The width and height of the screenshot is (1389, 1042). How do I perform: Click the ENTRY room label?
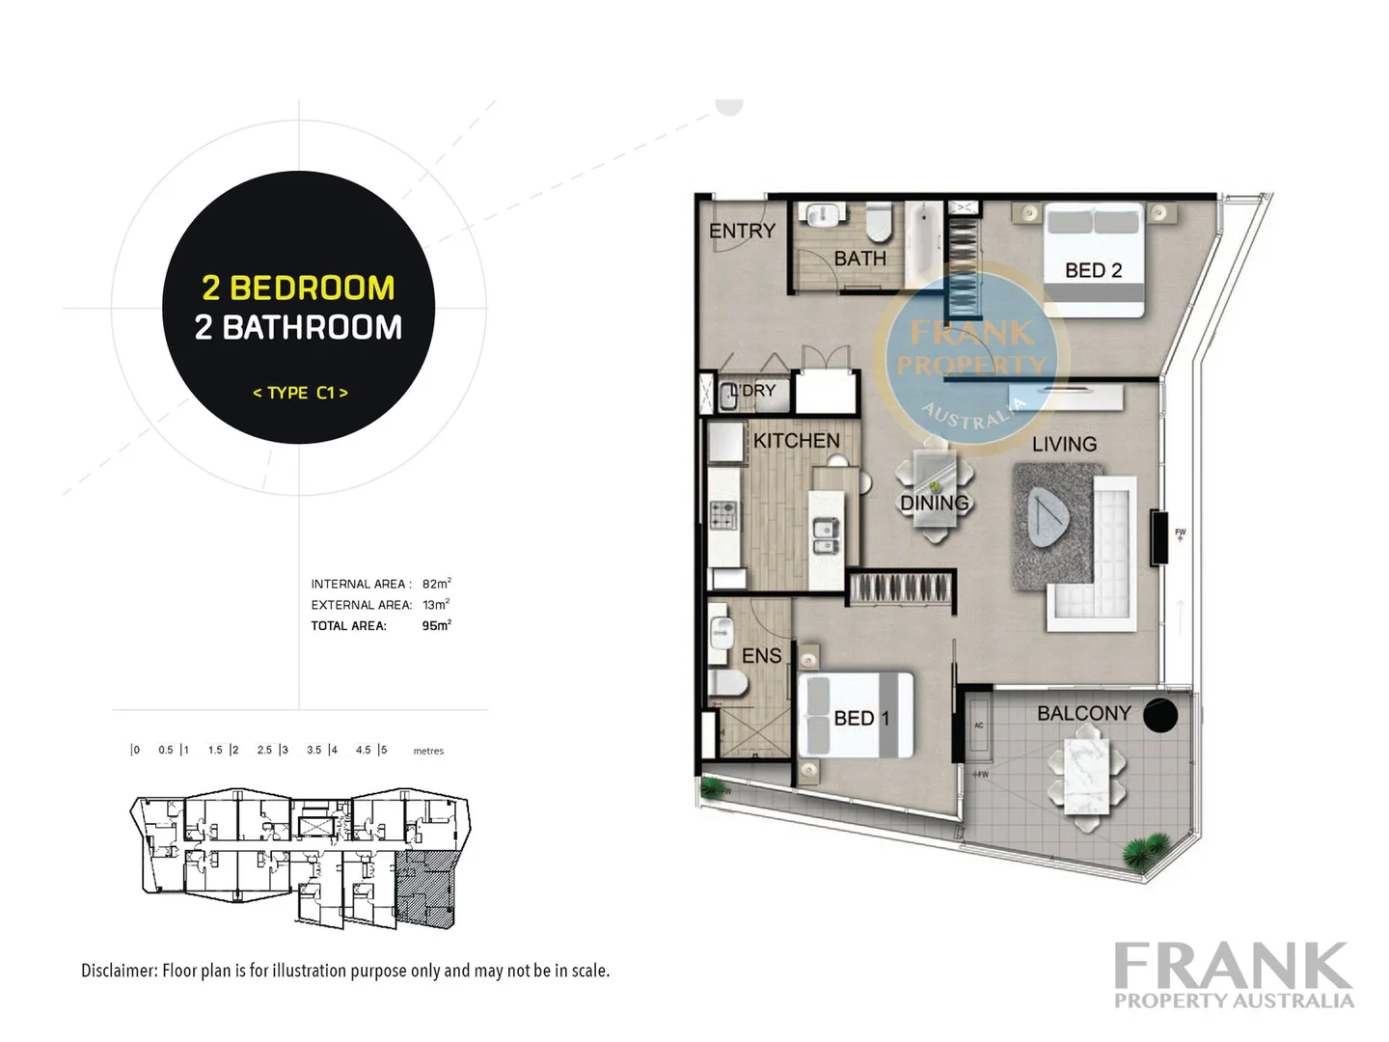point(742,231)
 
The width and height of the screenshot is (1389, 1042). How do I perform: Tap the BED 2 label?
point(1093,270)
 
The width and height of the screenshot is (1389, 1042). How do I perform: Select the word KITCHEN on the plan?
point(796,441)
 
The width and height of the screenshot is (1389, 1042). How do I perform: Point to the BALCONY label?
point(1083,713)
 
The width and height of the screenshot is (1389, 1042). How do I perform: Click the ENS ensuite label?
point(761,656)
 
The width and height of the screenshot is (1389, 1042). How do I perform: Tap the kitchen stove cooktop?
point(723,516)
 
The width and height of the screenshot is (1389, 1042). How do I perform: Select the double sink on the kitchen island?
point(826,537)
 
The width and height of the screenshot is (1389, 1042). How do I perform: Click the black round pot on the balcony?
point(1160,715)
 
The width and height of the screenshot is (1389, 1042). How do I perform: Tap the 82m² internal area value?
point(436,584)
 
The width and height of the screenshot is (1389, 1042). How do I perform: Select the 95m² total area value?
point(436,625)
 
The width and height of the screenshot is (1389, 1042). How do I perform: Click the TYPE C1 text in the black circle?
point(300,393)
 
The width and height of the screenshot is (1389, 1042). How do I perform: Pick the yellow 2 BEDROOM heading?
point(298,288)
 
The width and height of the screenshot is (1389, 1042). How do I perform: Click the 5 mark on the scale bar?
point(383,750)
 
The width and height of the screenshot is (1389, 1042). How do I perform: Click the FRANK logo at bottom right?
point(1233,966)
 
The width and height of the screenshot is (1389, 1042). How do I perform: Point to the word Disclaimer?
point(119,971)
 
